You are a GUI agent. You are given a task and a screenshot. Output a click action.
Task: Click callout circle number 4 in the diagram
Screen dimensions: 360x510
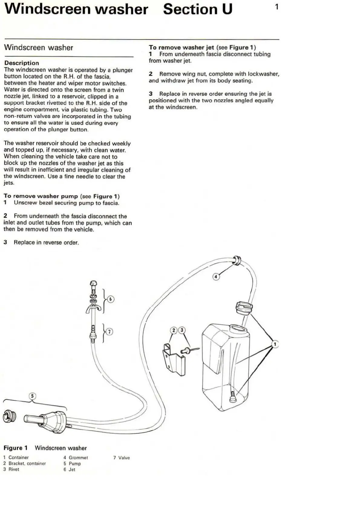[216, 277]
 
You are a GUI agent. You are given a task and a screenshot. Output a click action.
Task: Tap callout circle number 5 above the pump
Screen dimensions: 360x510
[32, 396]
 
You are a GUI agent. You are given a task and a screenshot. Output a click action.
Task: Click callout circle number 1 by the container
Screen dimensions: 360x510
[275, 344]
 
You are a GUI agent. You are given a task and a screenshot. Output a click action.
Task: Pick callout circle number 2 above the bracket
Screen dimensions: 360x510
[174, 330]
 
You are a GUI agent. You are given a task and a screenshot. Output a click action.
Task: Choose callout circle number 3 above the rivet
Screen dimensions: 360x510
[182, 330]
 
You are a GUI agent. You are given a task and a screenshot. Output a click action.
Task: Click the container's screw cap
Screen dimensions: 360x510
[244, 308]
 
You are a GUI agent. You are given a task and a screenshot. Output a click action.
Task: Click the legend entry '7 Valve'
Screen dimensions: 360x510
[121, 458]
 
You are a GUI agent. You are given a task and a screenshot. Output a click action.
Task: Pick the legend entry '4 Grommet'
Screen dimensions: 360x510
[76, 458]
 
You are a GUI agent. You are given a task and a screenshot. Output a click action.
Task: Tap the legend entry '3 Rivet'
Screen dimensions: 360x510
[11, 469]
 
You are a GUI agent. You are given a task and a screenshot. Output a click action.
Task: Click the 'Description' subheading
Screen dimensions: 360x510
[21, 63]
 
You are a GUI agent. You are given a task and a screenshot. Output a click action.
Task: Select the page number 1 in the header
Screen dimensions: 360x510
[277, 7]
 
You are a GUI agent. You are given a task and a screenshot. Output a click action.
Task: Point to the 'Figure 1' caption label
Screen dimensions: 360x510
[15, 448]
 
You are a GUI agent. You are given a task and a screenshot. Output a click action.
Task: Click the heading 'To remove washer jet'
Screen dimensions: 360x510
[181, 48]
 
